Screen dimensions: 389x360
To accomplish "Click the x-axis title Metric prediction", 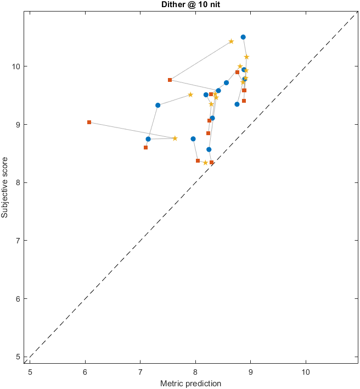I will (190, 384).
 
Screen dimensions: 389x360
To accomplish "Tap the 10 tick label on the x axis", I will (305, 372).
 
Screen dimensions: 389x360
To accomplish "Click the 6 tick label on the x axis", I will (85, 372).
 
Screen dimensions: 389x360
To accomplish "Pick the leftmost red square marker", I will (89, 122).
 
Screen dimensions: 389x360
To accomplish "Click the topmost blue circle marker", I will (243, 37).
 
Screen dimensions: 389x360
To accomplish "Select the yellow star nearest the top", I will (231, 41).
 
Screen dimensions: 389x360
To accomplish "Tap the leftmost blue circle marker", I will (148, 139).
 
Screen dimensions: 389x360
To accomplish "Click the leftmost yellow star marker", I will (175, 138).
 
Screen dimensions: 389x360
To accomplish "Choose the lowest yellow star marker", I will (205, 163).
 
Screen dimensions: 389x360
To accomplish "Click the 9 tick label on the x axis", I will (250, 372).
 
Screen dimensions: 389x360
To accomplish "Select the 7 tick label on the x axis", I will (140, 372).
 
